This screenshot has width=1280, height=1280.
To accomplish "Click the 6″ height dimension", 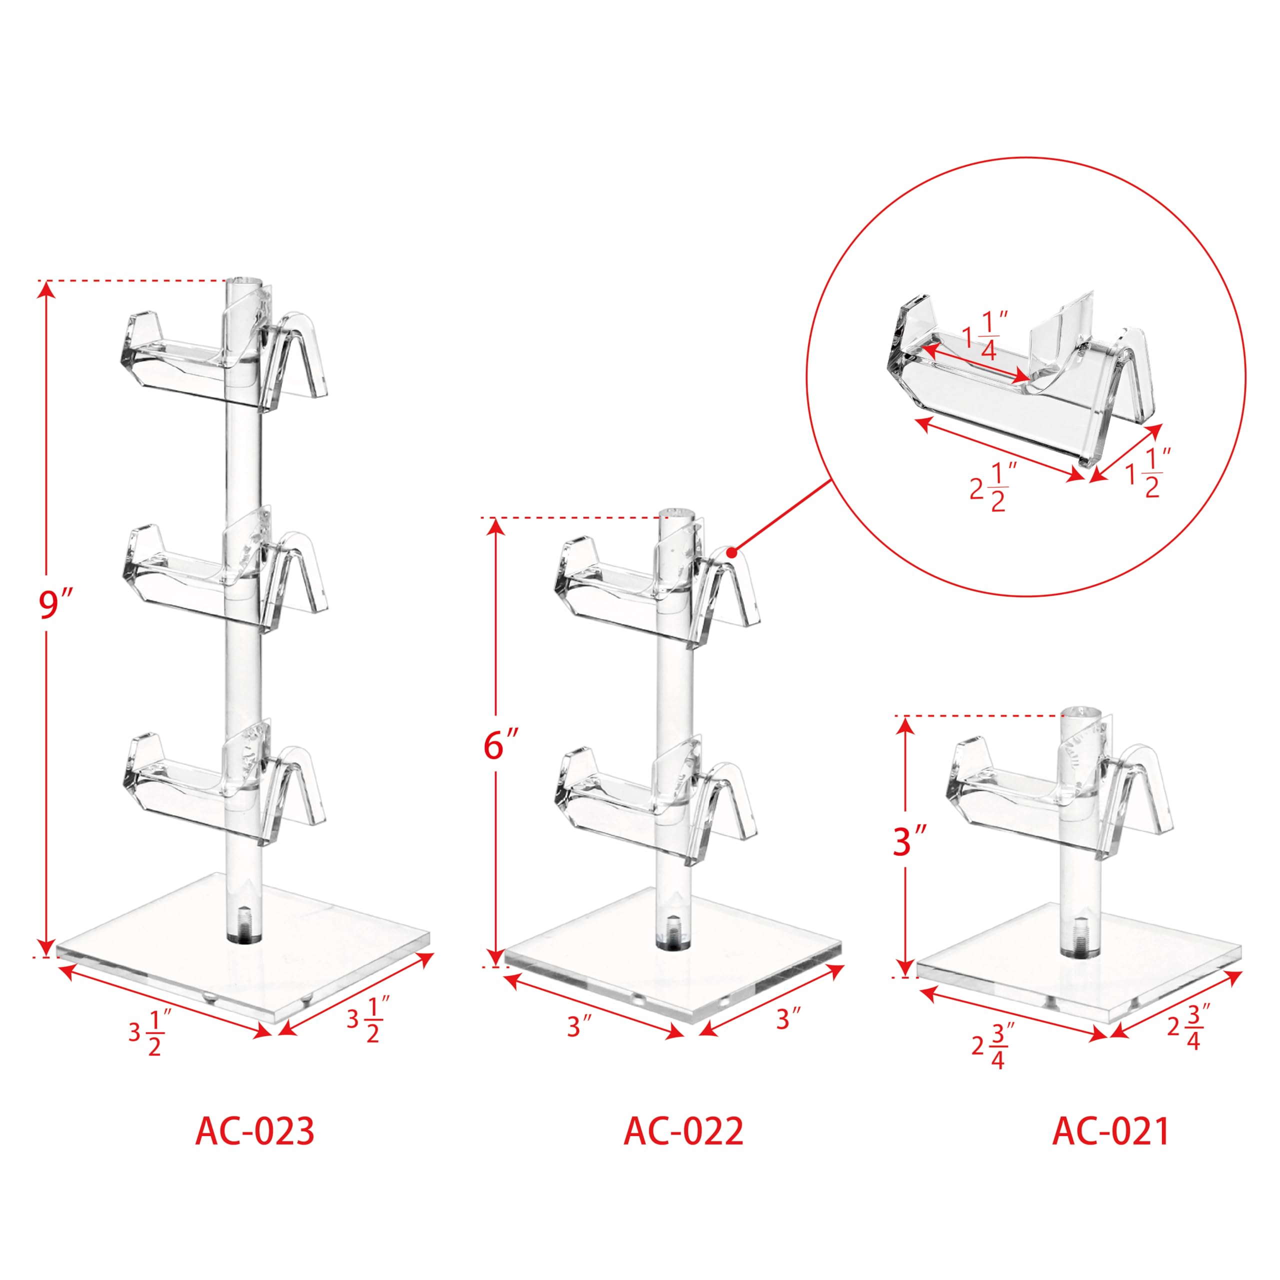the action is coord(501,745).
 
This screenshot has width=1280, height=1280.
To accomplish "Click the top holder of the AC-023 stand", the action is coord(225,361).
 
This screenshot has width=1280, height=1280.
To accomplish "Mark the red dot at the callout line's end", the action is coord(731,552).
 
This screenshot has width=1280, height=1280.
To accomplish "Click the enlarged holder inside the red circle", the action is coord(1023,377).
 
